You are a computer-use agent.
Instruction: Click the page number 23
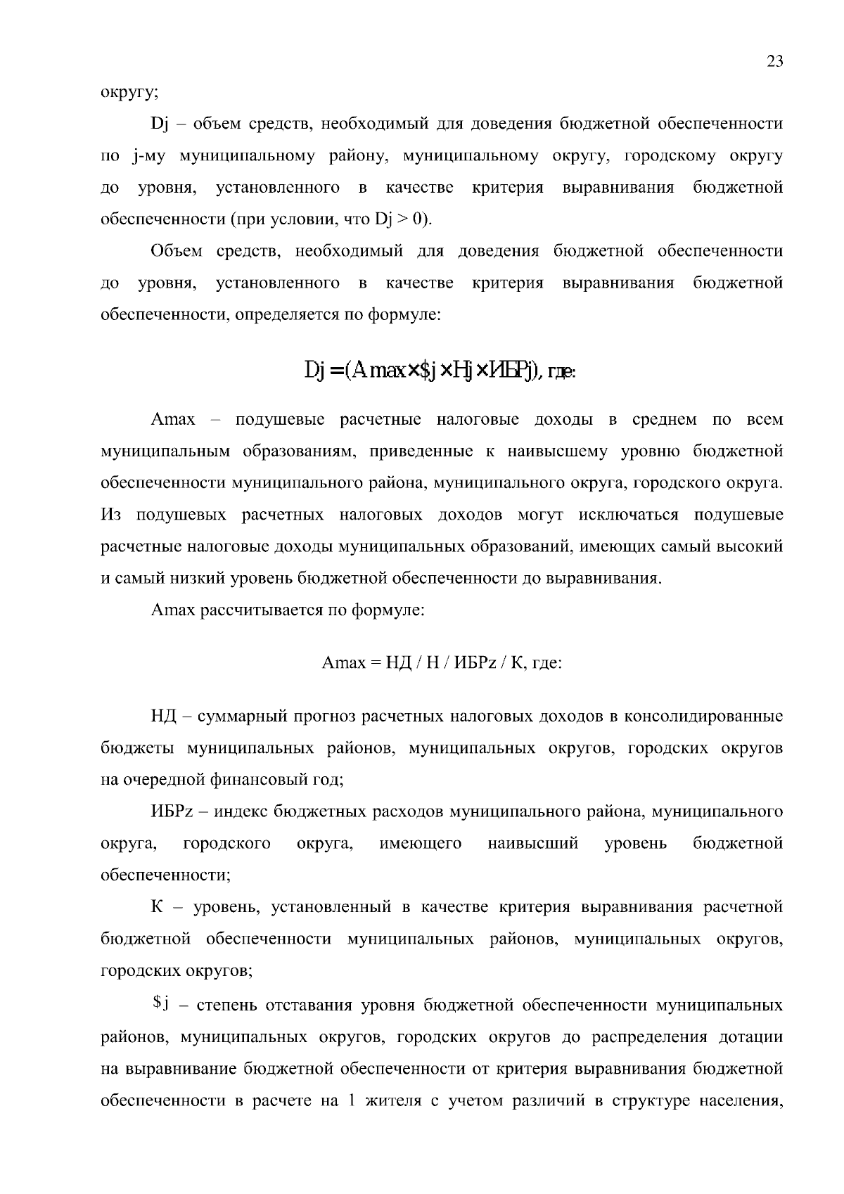[x=775, y=61]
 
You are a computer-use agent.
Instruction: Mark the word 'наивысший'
[x=533, y=843]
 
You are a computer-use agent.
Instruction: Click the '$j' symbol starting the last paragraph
[x=159, y=1004]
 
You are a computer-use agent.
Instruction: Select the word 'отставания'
[x=308, y=1006]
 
